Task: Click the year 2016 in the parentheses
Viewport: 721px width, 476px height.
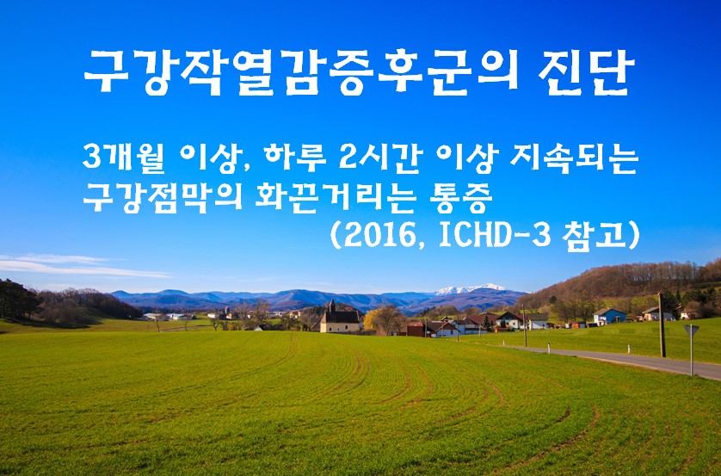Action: (x=385, y=235)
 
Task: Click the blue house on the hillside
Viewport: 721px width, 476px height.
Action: (x=610, y=316)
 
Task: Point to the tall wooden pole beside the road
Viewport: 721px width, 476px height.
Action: (x=661, y=325)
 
